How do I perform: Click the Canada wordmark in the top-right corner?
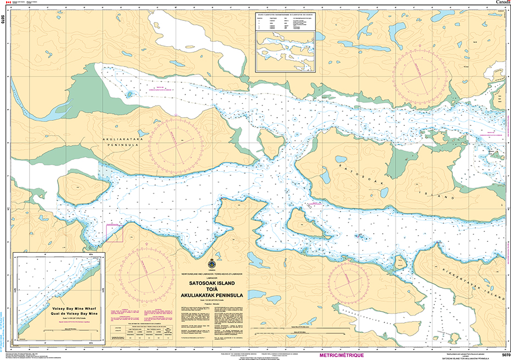[502, 3]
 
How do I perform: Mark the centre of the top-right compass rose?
[425, 75]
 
